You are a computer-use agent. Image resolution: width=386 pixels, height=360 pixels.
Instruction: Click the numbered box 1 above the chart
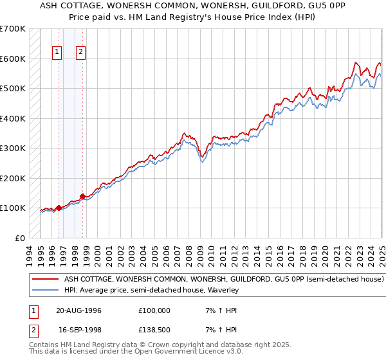57,53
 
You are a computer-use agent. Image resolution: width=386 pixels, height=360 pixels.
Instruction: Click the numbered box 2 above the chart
80,53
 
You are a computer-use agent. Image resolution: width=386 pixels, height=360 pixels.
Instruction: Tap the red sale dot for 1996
59,208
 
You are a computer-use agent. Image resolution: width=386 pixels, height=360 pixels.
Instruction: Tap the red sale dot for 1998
82,196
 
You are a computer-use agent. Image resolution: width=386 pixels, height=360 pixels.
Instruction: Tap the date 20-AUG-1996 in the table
78,310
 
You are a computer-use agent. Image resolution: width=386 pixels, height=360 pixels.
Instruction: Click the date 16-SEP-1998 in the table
78,331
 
